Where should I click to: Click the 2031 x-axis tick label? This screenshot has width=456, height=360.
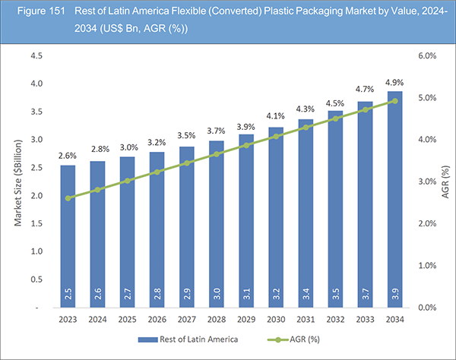pyautogui.click(x=306, y=320)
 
